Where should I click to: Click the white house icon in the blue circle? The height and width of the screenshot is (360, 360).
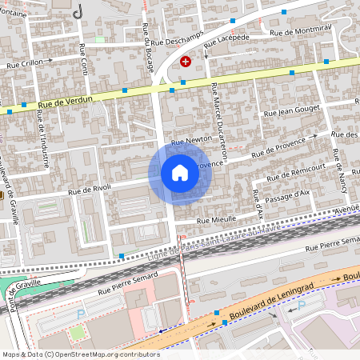179,173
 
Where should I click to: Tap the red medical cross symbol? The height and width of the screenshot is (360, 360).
186,61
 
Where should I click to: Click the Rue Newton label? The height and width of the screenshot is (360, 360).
191,139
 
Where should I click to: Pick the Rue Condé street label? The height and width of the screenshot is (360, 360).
82,60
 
